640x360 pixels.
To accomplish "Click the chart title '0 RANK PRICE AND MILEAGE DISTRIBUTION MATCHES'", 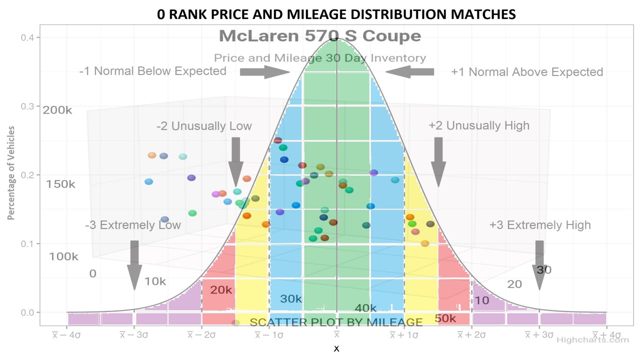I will [336, 14].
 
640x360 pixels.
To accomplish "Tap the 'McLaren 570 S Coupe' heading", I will [320, 36].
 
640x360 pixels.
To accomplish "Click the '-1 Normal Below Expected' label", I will [152, 71].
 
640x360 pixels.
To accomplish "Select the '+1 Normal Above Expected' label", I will [527, 72].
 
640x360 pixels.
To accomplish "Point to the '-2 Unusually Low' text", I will [204, 126].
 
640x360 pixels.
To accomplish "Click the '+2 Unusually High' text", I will [478, 125].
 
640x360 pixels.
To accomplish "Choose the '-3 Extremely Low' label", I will [133, 225].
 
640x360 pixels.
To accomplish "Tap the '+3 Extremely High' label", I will [540, 225].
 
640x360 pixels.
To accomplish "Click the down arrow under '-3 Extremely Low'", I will [134, 265].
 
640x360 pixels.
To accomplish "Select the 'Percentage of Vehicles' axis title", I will [11, 173].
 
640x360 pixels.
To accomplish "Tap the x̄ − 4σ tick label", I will [66, 335].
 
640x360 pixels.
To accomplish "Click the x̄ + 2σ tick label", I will [471, 335].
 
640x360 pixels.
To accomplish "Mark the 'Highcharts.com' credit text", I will [592, 340].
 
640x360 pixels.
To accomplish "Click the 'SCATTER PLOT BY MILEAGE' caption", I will [336, 322].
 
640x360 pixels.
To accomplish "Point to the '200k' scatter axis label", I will [57, 110].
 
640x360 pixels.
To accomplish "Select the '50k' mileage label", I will [445, 318].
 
